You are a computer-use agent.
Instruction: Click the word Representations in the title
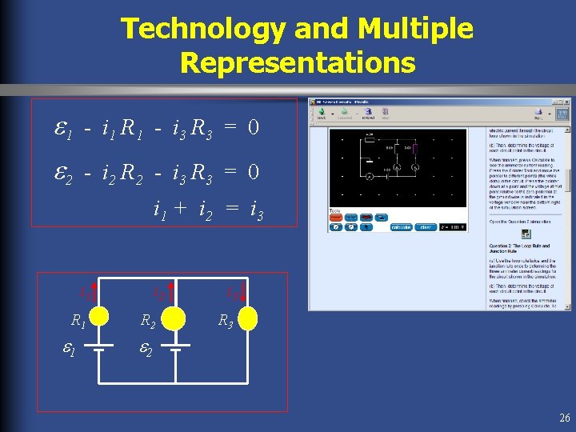[298, 62]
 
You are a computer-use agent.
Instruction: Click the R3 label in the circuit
[226, 322]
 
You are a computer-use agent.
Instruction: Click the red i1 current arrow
[94, 293]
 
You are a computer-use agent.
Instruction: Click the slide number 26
[564, 418]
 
